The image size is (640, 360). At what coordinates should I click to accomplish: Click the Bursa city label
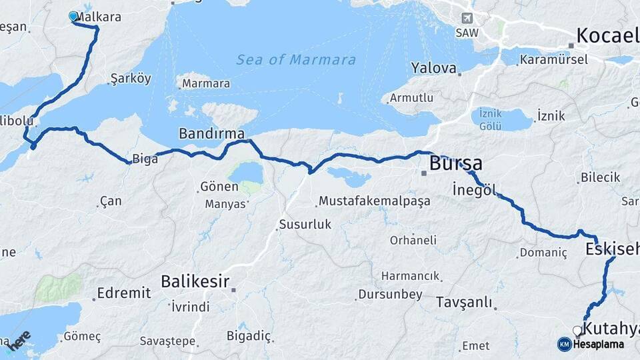point(456,163)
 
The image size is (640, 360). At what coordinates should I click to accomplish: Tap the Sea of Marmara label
point(296,60)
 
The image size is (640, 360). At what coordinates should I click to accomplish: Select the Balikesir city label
point(195,281)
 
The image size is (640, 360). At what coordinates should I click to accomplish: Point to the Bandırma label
point(211,134)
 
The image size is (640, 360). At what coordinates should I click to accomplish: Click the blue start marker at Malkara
point(73,16)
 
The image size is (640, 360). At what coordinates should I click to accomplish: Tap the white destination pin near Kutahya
point(577,331)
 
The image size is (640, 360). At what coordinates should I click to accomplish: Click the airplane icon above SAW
point(466,18)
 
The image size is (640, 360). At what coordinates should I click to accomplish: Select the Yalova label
point(434,68)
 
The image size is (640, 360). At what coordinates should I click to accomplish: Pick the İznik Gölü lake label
point(490,119)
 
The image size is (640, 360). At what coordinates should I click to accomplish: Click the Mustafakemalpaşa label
point(375,201)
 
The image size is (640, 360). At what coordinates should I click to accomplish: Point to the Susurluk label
point(305,225)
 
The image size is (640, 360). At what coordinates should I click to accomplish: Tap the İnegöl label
point(475,189)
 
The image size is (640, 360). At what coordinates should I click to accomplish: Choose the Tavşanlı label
point(464,302)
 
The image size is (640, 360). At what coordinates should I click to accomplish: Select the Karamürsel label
point(554,59)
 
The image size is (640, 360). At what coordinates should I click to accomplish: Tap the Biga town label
point(145,159)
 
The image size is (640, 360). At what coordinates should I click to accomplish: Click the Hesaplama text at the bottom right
point(599,345)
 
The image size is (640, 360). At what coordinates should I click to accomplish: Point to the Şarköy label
point(130,79)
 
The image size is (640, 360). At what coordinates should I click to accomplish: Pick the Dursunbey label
point(390,294)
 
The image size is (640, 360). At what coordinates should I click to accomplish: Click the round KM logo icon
point(564,344)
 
